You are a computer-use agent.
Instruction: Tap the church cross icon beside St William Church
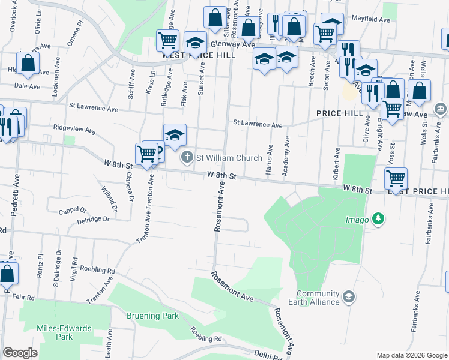pos(187,158)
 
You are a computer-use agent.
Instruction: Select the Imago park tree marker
pos(378,220)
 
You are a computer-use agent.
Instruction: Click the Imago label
pos(357,220)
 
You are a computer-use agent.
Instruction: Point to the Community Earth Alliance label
pos(317,298)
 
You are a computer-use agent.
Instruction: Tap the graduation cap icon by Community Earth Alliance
pos(348,297)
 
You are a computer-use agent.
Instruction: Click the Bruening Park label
pos(152,316)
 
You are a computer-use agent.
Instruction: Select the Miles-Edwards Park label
pos(64,332)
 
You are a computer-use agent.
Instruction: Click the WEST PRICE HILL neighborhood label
pos(192,55)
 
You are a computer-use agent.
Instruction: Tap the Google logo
pos(20,353)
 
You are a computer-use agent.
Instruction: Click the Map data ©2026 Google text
pos(411,355)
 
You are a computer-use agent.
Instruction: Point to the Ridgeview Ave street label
pos(74,130)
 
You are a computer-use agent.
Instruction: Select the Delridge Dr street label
pos(94,220)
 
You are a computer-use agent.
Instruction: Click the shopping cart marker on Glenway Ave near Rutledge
pos(167,40)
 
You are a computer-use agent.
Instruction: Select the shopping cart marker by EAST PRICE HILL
pos(396,178)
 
